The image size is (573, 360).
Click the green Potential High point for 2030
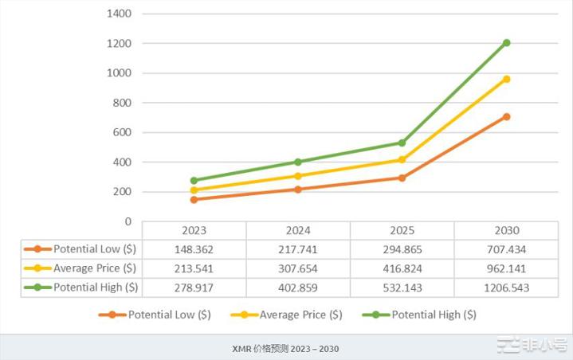click(x=506, y=43)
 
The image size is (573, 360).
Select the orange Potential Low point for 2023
click(x=194, y=199)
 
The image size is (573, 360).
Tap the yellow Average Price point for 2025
click(x=402, y=160)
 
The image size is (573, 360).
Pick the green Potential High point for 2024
click(x=298, y=162)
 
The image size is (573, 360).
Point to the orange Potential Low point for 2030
click(x=506, y=116)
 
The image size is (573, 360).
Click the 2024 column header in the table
click(x=298, y=230)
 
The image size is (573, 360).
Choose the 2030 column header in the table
click(x=506, y=230)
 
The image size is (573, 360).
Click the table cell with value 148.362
click(x=194, y=249)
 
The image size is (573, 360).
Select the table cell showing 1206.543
click(x=506, y=287)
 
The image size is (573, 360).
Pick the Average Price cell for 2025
click(x=402, y=268)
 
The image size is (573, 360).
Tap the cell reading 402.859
click(x=298, y=287)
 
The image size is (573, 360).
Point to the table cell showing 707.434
click(x=506, y=249)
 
